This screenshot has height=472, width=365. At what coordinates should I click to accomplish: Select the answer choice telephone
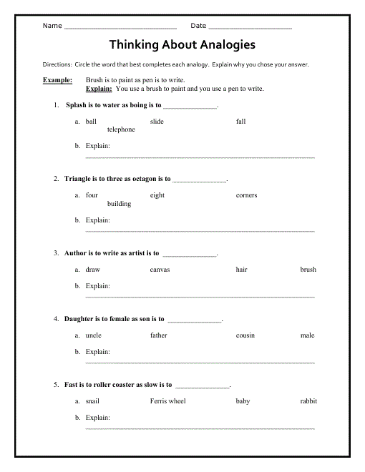click(121, 129)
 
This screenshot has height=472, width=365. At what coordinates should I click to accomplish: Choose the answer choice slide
click(157, 122)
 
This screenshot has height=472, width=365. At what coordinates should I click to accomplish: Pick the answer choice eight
click(157, 195)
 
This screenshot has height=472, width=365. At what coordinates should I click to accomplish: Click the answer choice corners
click(246, 195)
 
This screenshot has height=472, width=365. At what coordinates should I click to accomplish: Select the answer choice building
click(119, 204)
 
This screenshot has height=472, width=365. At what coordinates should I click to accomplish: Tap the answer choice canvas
click(160, 270)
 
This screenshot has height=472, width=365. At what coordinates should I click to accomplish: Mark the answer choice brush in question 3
click(308, 270)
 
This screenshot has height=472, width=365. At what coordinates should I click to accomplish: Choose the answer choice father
click(158, 335)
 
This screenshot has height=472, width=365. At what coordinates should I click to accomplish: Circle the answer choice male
click(307, 335)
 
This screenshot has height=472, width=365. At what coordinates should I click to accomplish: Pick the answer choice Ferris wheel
click(167, 401)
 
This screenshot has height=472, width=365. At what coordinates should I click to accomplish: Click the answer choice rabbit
click(308, 401)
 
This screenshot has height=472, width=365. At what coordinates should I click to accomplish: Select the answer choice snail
click(92, 401)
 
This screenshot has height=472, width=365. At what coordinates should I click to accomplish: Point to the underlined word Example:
click(57, 81)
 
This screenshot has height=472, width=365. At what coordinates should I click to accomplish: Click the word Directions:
click(57, 64)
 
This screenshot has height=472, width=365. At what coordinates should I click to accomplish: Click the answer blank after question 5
click(203, 386)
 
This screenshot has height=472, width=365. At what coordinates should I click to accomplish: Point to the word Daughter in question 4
click(79, 319)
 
